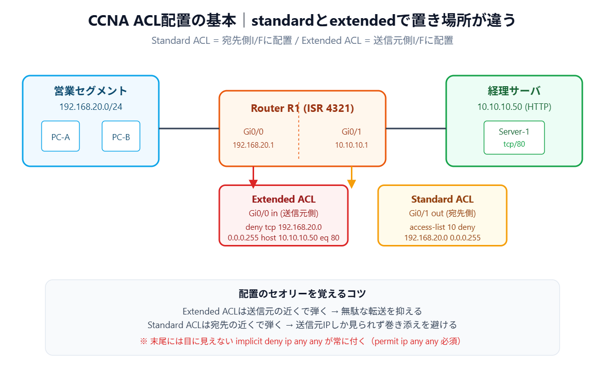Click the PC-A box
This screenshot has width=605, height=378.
[60, 136]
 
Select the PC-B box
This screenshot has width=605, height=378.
[121, 136]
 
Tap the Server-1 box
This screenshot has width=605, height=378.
[514, 137]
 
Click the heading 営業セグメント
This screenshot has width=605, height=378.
[91, 91]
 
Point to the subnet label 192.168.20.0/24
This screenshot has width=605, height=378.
[91, 107]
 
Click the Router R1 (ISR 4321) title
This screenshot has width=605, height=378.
[302, 108]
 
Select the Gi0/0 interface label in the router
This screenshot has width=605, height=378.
[253, 132]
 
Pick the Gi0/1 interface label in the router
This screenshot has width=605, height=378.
[351, 132]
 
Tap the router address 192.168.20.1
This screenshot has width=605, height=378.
[253, 145]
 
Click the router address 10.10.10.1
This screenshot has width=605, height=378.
[351, 145]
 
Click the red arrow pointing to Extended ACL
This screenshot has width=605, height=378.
[254, 177]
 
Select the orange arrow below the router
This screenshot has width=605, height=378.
[352, 177]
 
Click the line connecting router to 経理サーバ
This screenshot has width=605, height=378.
[416, 129]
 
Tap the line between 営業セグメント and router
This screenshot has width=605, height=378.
[189, 129]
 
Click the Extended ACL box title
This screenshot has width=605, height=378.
[283, 199]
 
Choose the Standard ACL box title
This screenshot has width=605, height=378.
[442, 199]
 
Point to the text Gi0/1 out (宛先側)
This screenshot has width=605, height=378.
[442, 213]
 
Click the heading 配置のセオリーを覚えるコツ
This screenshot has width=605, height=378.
[302, 294]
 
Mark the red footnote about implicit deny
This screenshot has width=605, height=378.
[302, 341]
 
